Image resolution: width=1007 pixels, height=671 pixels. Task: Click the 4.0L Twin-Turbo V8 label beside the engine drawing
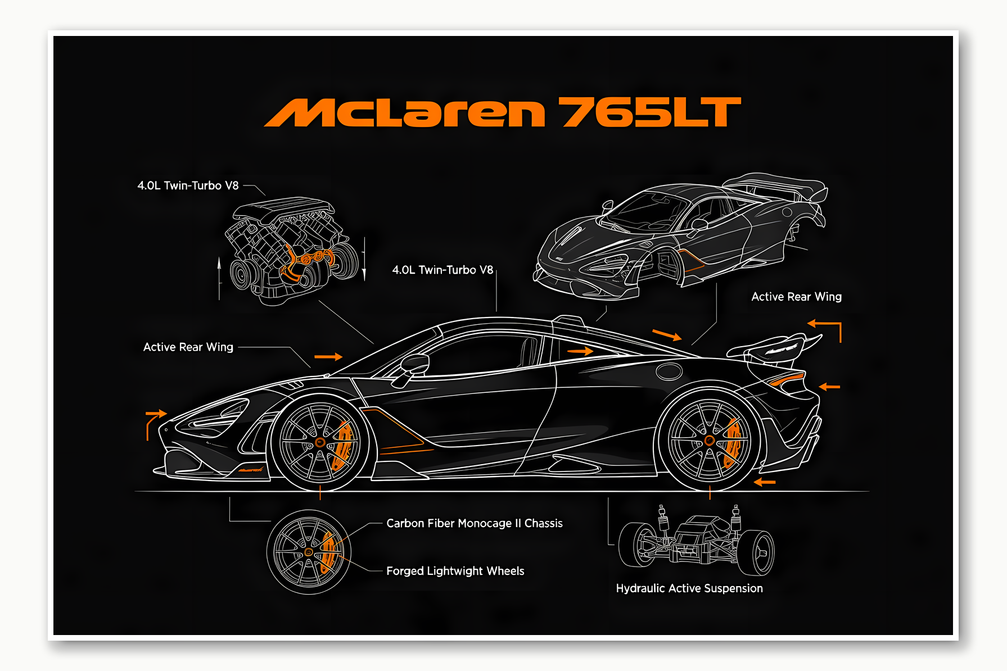[x=188, y=185]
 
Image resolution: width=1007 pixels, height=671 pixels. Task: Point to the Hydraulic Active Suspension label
[x=689, y=588]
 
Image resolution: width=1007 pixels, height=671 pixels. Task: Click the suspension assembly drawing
[x=696, y=541]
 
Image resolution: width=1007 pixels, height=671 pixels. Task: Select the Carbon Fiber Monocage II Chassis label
[x=474, y=523]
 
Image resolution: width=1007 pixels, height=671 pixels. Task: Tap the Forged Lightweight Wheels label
[x=455, y=571]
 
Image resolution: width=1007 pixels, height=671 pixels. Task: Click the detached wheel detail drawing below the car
[x=308, y=552]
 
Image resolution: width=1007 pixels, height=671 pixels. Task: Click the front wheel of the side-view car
[x=320, y=442]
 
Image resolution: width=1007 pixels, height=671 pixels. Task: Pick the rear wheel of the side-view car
[x=710, y=441]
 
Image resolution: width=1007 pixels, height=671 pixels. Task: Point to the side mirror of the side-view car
[x=414, y=365]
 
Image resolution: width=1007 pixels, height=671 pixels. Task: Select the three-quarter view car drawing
[x=680, y=236]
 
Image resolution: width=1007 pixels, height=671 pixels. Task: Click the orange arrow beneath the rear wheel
[x=765, y=482]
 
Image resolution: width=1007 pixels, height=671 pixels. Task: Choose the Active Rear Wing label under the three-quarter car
[x=796, y=297]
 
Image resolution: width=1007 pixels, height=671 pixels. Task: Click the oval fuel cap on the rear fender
[x=669, y=371]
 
